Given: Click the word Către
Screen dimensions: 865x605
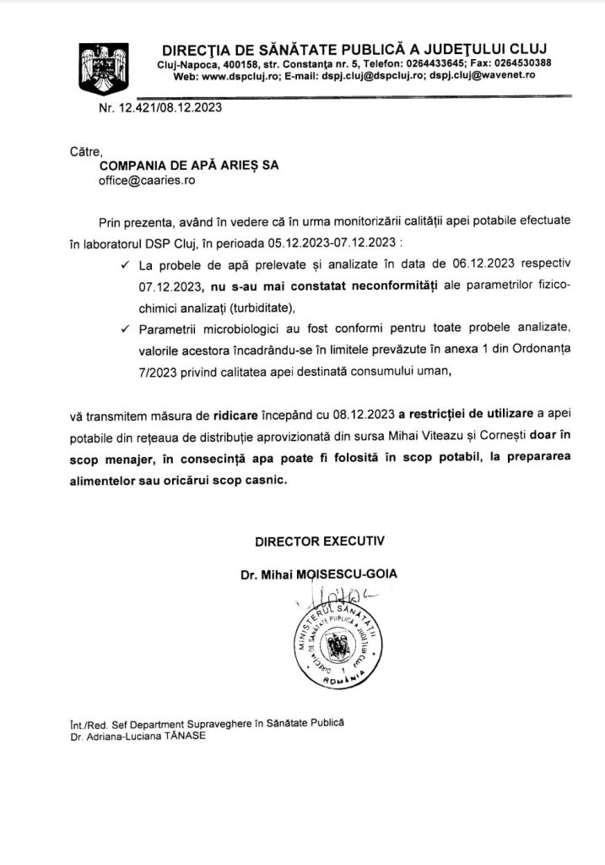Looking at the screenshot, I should pyautogui.click(x=85, y=152).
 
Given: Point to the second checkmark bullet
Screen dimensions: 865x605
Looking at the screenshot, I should pyautogui.click(x=125, y=328).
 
